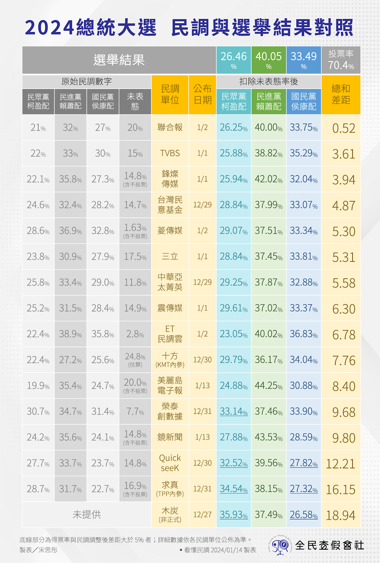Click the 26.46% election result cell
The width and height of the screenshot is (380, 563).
tap(234, 60)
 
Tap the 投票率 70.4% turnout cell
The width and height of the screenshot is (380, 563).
tap(341, 60)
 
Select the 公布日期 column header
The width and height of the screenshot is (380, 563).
tap(202, 94)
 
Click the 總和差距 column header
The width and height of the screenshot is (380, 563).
tap(341, 94)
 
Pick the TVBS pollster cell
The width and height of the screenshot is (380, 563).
tap(170, 153)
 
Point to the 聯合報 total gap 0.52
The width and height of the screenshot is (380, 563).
tap(344, 128)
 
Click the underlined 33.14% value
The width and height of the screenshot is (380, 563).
tap(234, 412)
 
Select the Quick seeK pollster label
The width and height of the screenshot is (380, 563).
tap(170, 463)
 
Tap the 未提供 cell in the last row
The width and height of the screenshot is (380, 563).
tap(87, 515)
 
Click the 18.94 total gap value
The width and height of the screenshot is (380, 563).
tap(341, 515)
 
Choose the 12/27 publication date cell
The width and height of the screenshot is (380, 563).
tap(202, 515)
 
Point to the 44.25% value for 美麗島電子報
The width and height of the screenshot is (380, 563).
tap(268, 386)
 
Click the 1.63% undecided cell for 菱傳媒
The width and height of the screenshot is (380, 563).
tap(135, 230)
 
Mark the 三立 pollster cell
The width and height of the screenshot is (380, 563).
tap(170, 257)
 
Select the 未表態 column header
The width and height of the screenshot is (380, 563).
tap(135, 101)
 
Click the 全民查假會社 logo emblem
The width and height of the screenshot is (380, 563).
tap(280, 546)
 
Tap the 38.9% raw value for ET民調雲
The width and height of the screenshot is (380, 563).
tap(70, 334)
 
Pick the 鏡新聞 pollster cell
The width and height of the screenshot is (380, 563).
tap(170, 437)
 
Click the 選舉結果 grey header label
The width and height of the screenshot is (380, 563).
tap(119, 60)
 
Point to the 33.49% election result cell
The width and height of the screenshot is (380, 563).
tap(304, 60)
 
